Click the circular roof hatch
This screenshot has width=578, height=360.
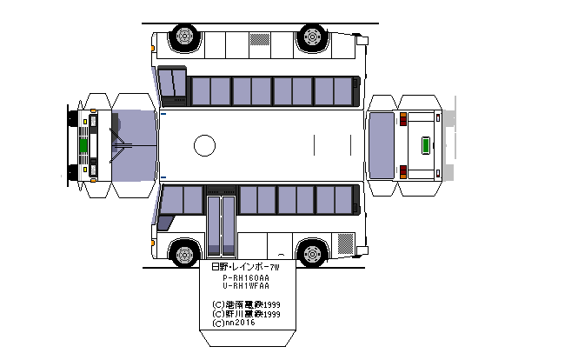coord(204,145)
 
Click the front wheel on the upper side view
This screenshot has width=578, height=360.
coord(184,37)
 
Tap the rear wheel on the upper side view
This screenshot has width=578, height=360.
coord(311,37)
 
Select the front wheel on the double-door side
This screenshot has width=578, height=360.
coord(184,254)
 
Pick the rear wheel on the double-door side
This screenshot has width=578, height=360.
coord(311,254)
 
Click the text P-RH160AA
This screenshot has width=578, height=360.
coord(246,277)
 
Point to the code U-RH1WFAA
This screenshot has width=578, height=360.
coord(246,286)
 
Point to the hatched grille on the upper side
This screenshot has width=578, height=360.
coord(260,39)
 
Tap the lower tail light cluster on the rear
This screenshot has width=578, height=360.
coord(402,170)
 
